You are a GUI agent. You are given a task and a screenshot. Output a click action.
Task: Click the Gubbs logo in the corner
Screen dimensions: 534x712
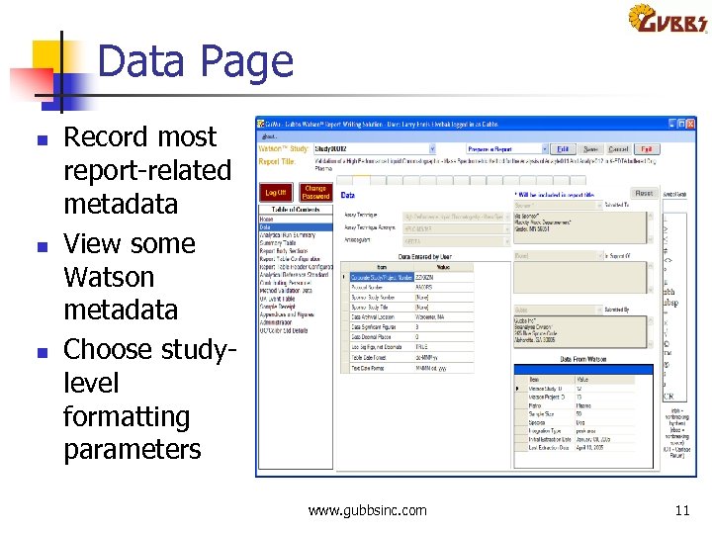pos(667,20)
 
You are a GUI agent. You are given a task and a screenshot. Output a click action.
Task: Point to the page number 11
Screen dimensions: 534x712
pos(681,510)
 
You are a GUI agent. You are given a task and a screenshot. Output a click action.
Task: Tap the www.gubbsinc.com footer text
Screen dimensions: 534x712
pos(368,510)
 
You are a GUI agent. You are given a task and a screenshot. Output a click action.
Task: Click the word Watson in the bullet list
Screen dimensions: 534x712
pos(109,277)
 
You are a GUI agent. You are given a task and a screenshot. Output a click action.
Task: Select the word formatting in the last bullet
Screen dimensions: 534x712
pos(127,416)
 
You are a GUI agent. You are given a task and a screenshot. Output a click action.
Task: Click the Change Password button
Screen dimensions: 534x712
pos(315,192)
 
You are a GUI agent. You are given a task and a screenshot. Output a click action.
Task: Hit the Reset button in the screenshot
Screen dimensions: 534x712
pos(644,194)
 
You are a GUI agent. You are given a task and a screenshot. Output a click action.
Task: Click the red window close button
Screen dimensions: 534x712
pos(691,125)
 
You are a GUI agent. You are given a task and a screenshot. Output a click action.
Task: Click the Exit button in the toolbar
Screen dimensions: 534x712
pos(645,148)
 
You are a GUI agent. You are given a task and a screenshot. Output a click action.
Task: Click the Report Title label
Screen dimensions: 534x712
pos(277,161)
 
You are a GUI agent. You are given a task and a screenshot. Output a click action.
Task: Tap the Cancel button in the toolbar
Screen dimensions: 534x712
pos(618,148)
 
